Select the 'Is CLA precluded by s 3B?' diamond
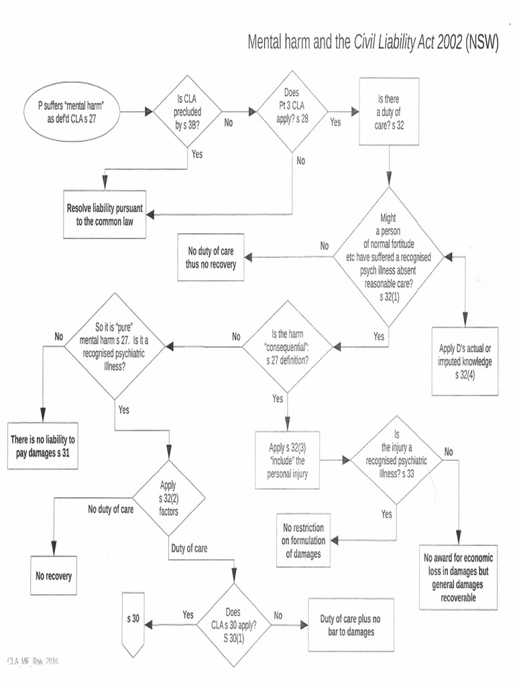point(188,112)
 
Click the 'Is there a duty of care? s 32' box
point(389,112)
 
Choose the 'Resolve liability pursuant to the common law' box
point(105,214)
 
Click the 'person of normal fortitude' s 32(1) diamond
point(389,257)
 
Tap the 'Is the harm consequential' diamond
point(287,346)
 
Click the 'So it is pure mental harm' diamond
point(113,346)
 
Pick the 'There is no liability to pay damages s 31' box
point(44,446)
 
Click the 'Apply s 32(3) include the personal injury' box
point(287,460)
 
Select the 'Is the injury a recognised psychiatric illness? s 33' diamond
point(396,460)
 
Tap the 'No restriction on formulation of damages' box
point(303,540)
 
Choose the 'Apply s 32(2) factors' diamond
point(168,498)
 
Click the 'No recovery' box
point(54,575)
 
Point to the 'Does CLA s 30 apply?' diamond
point(233,624)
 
